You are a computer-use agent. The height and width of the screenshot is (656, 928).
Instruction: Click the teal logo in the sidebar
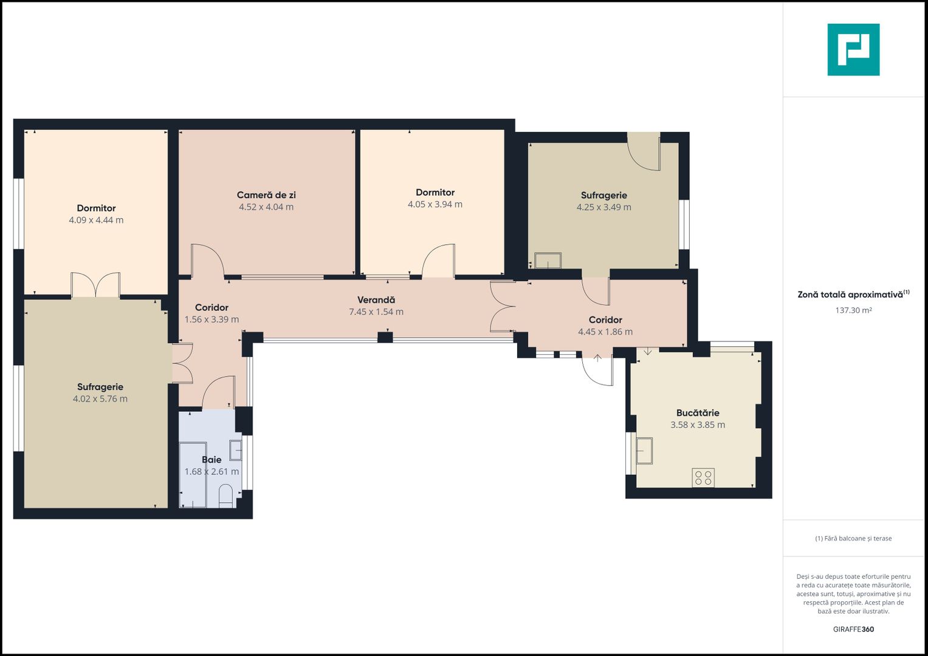click(853, 50)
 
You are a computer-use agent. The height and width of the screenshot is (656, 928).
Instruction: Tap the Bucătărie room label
click(698, 413)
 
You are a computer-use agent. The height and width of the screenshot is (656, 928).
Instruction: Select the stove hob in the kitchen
click(703, 478)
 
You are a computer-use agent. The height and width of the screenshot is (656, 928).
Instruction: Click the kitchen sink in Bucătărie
click(644, 451)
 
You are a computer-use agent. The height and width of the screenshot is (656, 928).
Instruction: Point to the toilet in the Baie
click(226, 496)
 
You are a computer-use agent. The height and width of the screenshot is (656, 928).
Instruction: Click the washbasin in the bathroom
click(236, 450)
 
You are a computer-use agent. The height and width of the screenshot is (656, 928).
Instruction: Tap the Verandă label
click(376, 300)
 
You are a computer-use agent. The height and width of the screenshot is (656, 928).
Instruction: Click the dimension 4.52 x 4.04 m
click(266, 207)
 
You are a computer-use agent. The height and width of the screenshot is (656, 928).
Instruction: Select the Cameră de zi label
click(266, 195)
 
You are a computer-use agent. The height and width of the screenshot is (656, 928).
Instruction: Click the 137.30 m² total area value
click(853, 310)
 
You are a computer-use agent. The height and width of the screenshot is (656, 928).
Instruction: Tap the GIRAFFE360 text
click(853, 629)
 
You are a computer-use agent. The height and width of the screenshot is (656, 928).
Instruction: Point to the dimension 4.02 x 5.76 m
click(100, 399)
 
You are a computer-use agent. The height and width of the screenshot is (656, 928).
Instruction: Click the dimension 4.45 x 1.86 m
click(605, 332)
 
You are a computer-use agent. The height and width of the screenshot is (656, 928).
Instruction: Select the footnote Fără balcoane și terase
click(853, 538)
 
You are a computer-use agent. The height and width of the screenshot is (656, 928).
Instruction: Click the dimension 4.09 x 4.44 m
click(96, 220)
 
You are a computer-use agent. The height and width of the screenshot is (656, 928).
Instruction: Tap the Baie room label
click(211, 460)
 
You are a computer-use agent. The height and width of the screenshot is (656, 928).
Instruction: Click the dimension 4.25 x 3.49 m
click(604, 207)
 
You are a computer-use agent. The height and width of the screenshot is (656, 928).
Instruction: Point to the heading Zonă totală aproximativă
click(850, 295)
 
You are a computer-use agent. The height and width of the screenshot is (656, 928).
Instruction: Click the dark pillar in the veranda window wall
click(385, 338)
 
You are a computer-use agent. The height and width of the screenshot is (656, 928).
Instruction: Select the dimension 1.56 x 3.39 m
click(211, 319)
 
